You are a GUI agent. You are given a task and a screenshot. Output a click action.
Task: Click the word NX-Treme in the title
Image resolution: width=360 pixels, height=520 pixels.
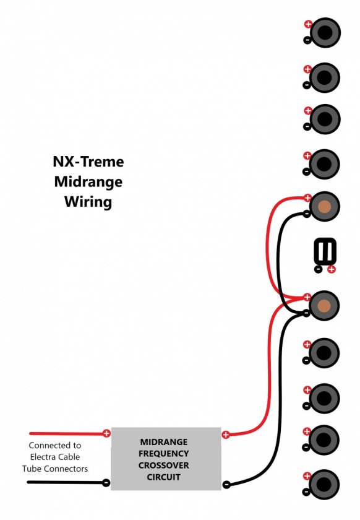[88, 162]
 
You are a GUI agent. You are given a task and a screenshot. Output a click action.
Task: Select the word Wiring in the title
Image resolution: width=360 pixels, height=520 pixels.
[88, 202]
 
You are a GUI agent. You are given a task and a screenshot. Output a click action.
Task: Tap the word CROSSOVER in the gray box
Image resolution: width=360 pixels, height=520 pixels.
[163, 466]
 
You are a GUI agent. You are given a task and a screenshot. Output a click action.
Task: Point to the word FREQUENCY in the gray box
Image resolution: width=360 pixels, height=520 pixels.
[163, 453]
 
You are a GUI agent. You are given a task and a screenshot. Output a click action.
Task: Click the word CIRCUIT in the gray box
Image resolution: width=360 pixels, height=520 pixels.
[163, 477]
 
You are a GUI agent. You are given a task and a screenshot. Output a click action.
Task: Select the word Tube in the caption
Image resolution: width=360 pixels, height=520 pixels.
[32, 469]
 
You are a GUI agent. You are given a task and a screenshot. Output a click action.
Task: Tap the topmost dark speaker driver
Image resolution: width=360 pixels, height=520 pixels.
[325, 32]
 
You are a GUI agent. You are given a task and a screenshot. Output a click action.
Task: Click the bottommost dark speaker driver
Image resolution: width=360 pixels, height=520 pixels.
[324, 485]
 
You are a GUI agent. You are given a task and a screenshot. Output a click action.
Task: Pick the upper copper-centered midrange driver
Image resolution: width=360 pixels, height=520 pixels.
[324, 207]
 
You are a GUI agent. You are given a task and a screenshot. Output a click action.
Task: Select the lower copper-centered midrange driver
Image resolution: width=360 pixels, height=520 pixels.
[324, 305]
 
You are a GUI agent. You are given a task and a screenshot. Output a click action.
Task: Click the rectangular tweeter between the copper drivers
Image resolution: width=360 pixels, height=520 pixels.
[325, 251]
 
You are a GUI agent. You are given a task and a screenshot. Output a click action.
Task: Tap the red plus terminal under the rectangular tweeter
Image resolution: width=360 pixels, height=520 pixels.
[331, 269]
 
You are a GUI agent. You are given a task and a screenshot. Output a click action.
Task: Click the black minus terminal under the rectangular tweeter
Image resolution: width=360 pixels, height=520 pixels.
[318, 269]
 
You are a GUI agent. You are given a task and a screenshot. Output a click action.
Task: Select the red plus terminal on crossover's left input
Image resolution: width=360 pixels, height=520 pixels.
[106, 433]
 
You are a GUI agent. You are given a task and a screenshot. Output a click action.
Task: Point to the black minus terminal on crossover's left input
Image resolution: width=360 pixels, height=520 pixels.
[106, 483]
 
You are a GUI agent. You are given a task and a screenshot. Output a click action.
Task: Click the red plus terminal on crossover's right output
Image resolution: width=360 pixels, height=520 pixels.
[225, 435]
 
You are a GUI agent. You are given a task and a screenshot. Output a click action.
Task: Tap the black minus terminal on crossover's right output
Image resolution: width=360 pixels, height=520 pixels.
[226, 485]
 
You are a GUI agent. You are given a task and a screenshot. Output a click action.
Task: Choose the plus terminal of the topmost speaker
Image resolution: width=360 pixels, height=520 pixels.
[308, 24]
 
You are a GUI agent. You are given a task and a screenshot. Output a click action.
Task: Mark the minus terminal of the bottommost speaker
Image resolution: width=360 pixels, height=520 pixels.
[306, 492]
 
